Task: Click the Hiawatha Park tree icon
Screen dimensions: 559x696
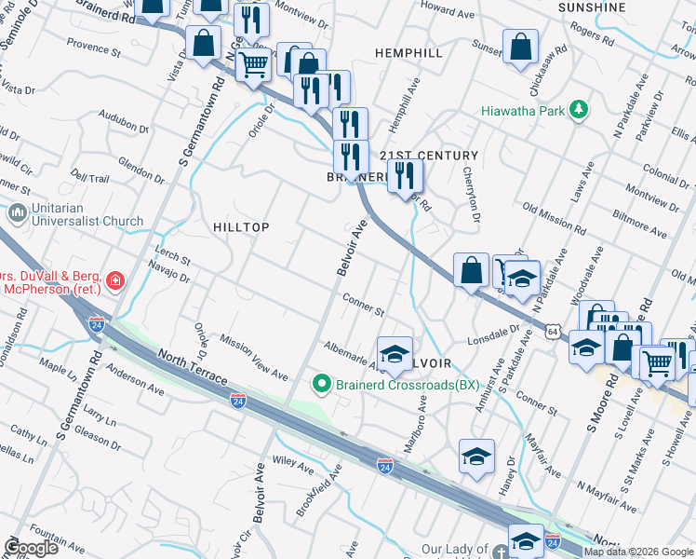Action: tap(579, 111)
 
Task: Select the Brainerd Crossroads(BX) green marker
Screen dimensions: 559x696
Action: tap(322, 383)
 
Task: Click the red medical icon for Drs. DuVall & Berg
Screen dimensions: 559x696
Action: tap(114, 280)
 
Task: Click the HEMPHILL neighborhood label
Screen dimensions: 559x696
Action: tap(408, 53)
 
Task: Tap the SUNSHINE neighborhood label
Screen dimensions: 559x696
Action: tap(592, 7)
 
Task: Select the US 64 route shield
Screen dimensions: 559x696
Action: tap(553, 331)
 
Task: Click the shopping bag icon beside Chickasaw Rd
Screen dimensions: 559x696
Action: tap(521, 48)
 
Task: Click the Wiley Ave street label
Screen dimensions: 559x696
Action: tap(293, 459)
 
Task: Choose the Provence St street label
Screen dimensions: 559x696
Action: tap(94, 46)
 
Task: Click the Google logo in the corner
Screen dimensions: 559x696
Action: tap(31, 547)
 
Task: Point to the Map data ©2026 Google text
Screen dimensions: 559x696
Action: tap(638, 552)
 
